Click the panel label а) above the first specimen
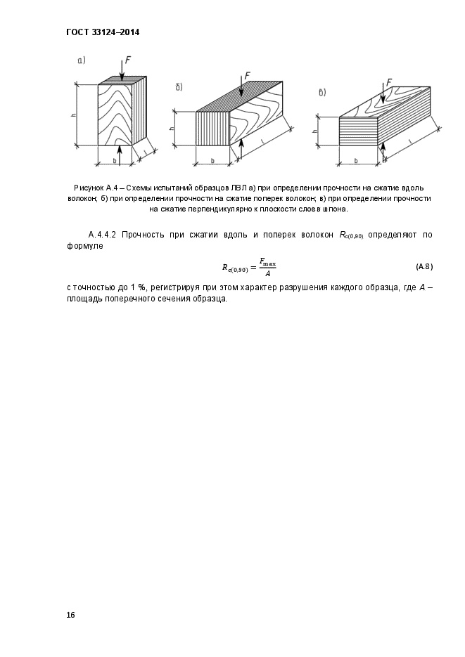point(81,61)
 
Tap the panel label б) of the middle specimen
point(179,87)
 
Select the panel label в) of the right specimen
point(322,92)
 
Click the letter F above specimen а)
point(128,60)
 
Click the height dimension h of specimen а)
point(73,115)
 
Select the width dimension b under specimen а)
point(114,160)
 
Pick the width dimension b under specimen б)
point(212,161)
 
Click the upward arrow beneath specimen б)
point(241,148)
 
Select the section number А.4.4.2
point(103,235)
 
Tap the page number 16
point(70,615)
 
